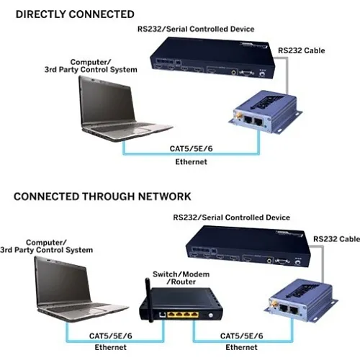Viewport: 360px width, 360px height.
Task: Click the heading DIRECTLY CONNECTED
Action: click(73, 14)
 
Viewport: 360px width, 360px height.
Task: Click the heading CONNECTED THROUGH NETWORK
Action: click(102, 196)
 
